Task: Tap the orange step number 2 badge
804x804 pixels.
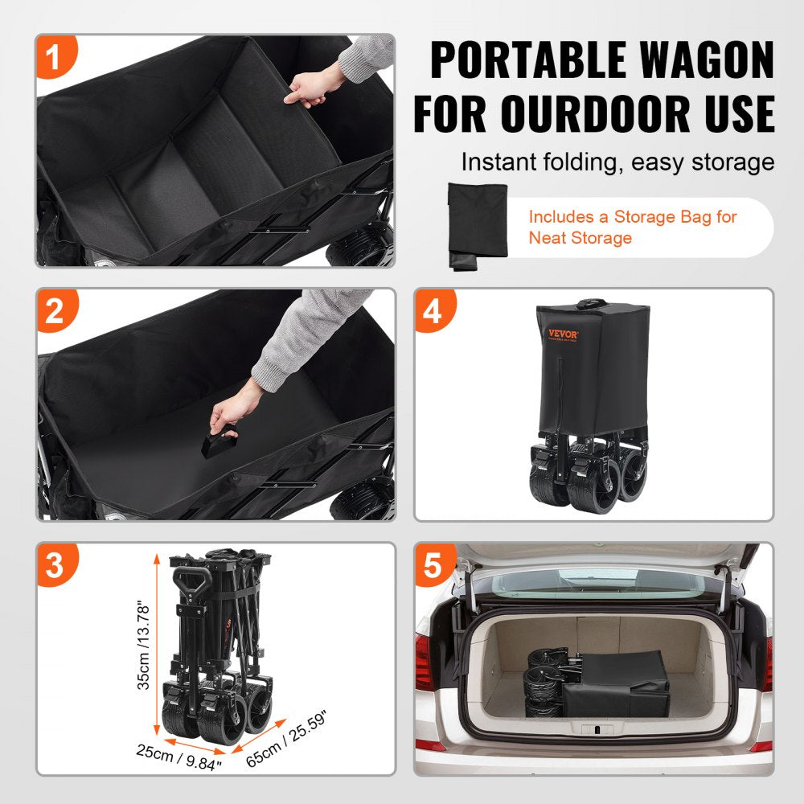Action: (x=55, y=311)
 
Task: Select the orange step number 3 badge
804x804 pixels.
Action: (x=55, y=565)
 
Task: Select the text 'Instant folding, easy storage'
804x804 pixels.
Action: (x=617, y=162)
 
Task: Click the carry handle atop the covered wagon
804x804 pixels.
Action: (x=592, y=302)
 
